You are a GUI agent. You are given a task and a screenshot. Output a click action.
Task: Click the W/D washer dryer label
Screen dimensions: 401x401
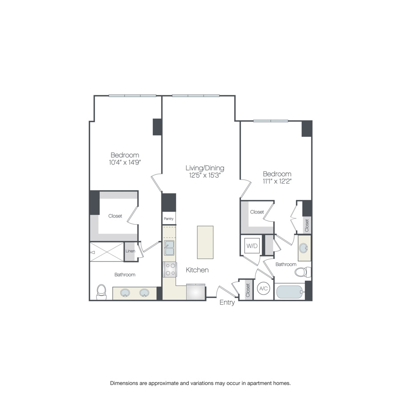click(252, 246)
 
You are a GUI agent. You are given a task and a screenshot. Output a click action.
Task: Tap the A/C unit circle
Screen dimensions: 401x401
click(263, 289)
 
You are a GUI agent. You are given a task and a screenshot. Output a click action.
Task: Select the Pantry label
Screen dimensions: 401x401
click(168, 219)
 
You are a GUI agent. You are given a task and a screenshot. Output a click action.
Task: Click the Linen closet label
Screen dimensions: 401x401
click(130, 251)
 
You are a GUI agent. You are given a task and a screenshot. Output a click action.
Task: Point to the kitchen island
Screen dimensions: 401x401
click(205, 242)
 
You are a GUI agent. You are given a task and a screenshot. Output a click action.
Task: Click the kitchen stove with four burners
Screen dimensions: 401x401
click(170, 269)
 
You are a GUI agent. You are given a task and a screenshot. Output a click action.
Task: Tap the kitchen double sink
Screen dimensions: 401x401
click(169, 248)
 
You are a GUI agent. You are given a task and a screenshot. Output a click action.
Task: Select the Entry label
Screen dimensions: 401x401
click(227, 303)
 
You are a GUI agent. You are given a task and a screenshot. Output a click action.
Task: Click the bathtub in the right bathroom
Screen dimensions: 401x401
click(290, 292)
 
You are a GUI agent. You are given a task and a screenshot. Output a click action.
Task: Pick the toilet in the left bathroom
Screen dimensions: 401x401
click(102, 292)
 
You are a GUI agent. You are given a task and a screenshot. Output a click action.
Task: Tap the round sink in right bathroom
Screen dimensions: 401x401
click(305, 248)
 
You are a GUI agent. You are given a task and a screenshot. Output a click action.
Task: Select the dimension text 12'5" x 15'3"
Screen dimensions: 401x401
click(205, 175)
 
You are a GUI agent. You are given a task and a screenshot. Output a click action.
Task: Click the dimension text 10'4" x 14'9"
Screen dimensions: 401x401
click(125, 162)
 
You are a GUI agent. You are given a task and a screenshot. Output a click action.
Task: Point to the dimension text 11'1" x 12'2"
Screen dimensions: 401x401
click(277, 181)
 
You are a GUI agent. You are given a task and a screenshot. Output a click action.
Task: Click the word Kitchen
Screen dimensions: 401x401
click(197, 270)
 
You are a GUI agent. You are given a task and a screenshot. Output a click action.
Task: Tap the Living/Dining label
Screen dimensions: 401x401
click(205, 168)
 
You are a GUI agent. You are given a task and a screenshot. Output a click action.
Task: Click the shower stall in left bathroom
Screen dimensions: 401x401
click(107, 252)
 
